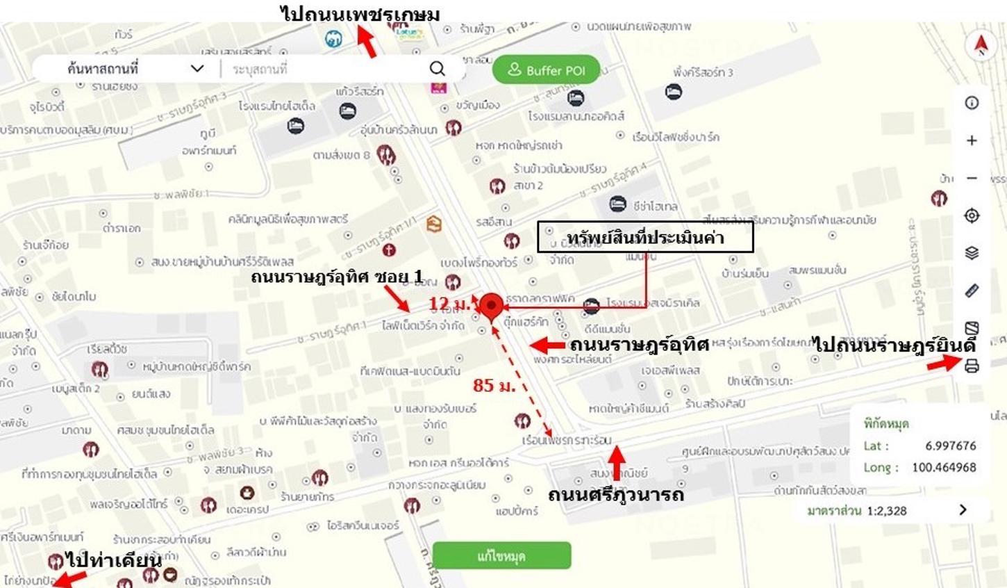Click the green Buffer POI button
(546, 70)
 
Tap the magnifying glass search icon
(437, 68)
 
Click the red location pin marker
(492, 306)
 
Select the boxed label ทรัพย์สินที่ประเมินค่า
(645, 238)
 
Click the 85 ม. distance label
(494, 385)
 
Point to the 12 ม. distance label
(451, 304)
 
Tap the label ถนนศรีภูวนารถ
(615, 495)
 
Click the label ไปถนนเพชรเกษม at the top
(360, 14)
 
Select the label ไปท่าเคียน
(114, 560)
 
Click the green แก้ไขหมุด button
(501, 556)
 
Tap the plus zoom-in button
(972, 140)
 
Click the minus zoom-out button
(972, 178)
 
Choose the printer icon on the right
(972, 366)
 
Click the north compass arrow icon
(981, 45)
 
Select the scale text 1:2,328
(887, 511)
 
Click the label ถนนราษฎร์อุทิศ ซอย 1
(337, 277)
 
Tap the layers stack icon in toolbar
(972, 253)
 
